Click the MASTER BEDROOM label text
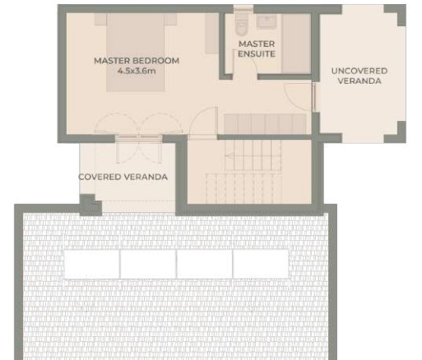click(137, 61)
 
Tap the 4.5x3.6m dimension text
click(137, 71)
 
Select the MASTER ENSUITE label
click(257, 48)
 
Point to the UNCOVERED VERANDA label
click(359, 76)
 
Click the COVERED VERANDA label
click(123, 177)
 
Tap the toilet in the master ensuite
click(242, 24)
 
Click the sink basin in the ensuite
click(267, 21)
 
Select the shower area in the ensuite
click(296, 44)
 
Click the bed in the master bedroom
click(136, 52)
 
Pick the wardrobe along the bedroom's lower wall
click(265, 124)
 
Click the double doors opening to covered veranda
click(138, 137)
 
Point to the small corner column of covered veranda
click(90, 205)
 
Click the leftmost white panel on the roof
click(92, 264)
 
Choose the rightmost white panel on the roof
click(261, 264)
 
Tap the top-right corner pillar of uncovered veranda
click(396, 14)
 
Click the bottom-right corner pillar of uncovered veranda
click(396, 134)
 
